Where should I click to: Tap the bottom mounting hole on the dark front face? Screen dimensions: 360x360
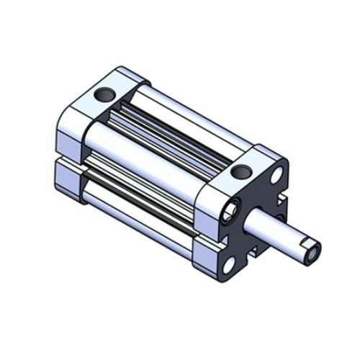click(x=229, y=265)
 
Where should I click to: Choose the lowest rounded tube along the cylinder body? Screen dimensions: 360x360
click(x=137, y=209)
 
